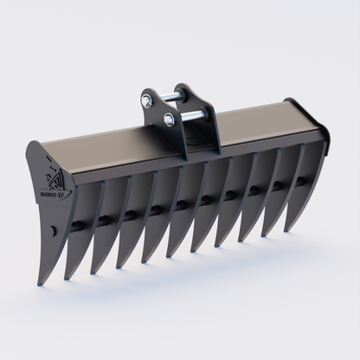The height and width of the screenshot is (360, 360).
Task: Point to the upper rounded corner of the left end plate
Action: point(32,146)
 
